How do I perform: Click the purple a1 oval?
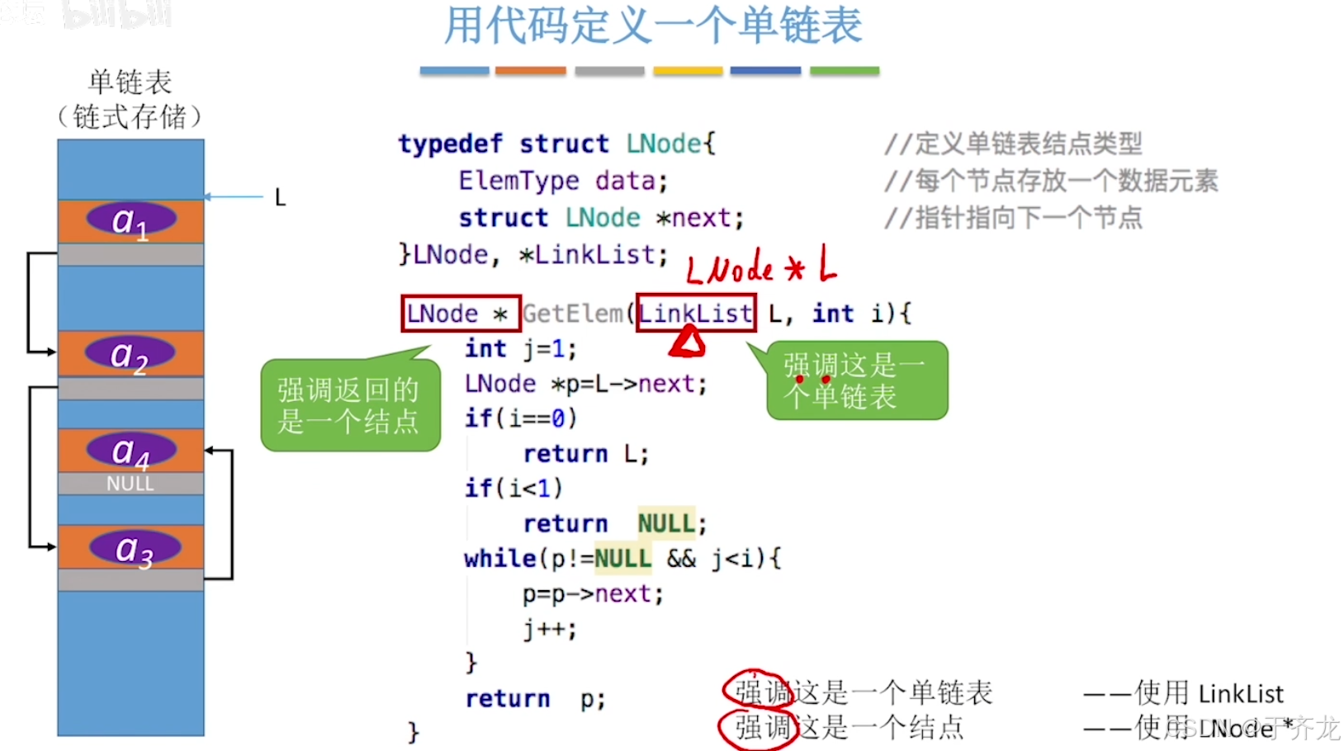[131, 220]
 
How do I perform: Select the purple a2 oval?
[130, 354]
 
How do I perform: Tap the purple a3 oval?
[135, 548]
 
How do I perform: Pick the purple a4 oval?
[131, 451]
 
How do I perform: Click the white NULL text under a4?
[130, 484]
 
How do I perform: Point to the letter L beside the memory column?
[280, 198]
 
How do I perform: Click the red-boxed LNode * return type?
[461, 314]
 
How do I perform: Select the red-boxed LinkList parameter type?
[696, 314]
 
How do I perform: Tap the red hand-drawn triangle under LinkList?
[687, 342]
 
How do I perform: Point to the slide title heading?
[653, 26]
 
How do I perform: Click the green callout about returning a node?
[350, 405]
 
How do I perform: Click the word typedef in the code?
[450, 144]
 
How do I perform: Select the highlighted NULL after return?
[666, 523]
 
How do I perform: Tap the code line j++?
[550, 629]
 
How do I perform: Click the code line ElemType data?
[563, 181]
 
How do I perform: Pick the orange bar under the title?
[530, 71]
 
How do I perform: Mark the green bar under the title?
[845, 71]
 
